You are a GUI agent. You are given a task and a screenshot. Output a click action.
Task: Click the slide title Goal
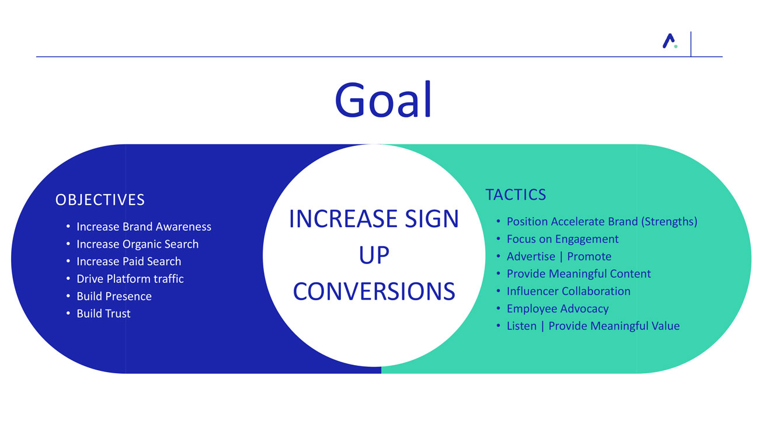pyautogui.click(x=383, y=100)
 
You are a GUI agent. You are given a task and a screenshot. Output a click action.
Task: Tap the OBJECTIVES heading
pyautogui.click(x=100, y=200)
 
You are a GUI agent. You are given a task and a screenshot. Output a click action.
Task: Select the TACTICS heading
pyautogui.click(x=516, y=195)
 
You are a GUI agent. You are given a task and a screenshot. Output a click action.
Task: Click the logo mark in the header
pyautogui.click(x=670, y=41)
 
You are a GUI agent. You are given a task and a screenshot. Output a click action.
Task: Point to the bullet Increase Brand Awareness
pyautogui.click(x=144, y=227)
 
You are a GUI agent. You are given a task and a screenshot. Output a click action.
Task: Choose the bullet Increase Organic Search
pyautogui.click(x=138, y=244)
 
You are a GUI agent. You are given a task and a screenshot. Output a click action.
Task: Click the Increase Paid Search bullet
pyautogui.click(x=129, y=262)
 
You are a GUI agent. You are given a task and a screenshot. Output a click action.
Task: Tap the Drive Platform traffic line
pyautogui.click(x=130, y=279)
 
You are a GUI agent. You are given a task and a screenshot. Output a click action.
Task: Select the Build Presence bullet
pyautogui.click(x=114, y=297)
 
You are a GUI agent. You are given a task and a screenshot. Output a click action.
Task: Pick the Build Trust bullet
pyautogui.click(x=103, y=314)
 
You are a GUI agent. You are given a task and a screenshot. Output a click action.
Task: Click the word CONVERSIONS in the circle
pyautogui.click(x=374, y=291)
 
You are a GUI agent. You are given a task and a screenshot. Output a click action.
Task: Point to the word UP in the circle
pyautogui.click(x=374, y=255)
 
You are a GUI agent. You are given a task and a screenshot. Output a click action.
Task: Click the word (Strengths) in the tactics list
pyautogui.click(x=669, y=222)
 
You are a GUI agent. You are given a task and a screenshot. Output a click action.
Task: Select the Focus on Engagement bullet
pyautogui.click(x=563, y=239)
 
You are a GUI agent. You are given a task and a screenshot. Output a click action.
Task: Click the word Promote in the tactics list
pyautogui.click(x=589, y=256)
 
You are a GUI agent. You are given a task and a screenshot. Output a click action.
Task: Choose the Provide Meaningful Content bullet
pyautogui.click(x=579, y=274)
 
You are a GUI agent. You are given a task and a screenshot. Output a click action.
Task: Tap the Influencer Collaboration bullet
pyautogui.click(x=569, y=291)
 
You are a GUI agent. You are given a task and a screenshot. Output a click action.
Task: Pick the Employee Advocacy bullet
pyautogui.click(x=558, y=309)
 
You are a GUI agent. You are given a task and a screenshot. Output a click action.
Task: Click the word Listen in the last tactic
pyautogui.click(x=522, y=326)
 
